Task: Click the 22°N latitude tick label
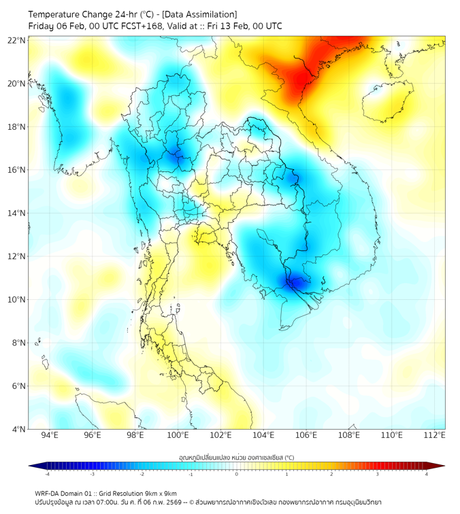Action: click(17, 40)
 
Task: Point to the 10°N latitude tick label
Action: click(17, 299)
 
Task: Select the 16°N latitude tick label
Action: click(17, 170)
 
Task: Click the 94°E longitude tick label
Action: click(50, 436)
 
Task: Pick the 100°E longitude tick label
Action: click(178, 436)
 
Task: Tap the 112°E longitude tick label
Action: click(434, 436)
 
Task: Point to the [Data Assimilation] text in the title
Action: click(199, 14)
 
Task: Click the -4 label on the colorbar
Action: click(47, 474)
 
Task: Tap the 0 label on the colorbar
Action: click(237, 474)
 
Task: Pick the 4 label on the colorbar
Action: click(427, 474)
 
